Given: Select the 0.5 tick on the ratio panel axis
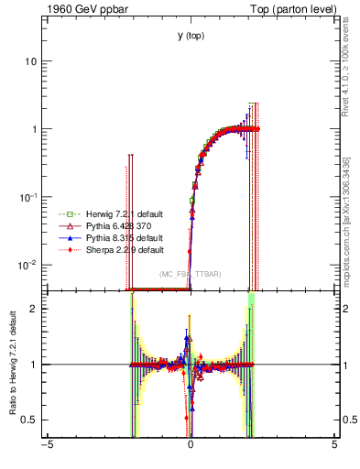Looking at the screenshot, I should pyautogui.click(x=33, y=420).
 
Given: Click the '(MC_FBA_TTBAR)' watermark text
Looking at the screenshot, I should pyautogui.click(x=190, y=274).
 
